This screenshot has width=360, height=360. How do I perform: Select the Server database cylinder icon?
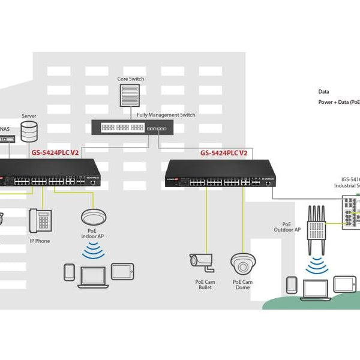coord(28,131)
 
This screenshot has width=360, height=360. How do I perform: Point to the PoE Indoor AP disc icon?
coord(92,217)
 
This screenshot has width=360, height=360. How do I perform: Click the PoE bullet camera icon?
coord(202,260)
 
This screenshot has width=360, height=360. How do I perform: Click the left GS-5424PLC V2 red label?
coord(56,153)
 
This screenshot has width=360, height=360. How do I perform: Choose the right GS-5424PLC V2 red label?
coord(224,153)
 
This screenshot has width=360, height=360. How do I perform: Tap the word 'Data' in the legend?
coord(323,92)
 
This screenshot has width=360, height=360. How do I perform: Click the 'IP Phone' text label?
coord(40,241)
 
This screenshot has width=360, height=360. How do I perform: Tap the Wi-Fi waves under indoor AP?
coord(92,253)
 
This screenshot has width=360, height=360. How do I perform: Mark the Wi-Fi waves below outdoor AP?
coord(316,266)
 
